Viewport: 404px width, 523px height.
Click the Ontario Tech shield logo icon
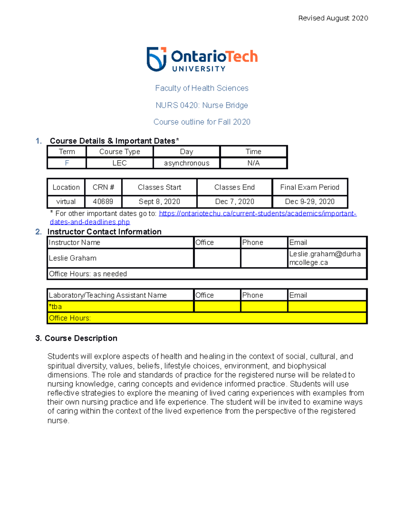pyautogui.click(x=157, y=59)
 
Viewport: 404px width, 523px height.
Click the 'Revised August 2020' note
pyautogui.click(x=333, y=18)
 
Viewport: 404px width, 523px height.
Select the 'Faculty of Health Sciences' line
pyautogui.click(x=202, y=88)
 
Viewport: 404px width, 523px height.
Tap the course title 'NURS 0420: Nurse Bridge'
pyautogui.click(x=202, y=105)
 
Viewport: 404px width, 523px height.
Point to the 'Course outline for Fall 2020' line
pyautogui.click(x=202, y=122)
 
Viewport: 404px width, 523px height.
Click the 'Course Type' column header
pyautogui.click(x=120, y=152)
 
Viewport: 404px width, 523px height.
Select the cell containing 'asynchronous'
pyautogui.click(x=187, y=163)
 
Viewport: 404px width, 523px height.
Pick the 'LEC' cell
pyautogui.click(x=120, y=163)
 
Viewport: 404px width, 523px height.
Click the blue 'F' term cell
pyautogui.click(x=67, y=163)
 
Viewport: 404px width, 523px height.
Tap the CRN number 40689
pyautogui.click(x=103, y=202)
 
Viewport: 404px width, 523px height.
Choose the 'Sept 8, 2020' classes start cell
pyautogui.click(x=159, y=202)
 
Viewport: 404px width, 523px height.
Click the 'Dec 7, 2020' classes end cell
pyautogui.click(x=234, y=202)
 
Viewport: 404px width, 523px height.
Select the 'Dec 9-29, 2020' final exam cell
pyautogui.click(x=310, y=202)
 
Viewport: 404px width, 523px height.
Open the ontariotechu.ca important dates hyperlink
pyautogui.click(x=257, y=214)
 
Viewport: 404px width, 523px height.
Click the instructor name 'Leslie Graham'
pyautogui.click(x=73, y=258)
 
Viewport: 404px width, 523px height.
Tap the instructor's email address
pyautogui.click(x=325, y=258)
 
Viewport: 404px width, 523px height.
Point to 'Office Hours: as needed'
pyautogui.click(x=88, y=274)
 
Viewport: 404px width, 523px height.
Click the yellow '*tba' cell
pyautogui.click(x=56, y=307)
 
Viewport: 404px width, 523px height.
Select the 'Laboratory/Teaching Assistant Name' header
pyautogui.click(x=108, y=295)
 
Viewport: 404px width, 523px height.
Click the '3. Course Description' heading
pyautogui.click(x=76, y=338)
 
